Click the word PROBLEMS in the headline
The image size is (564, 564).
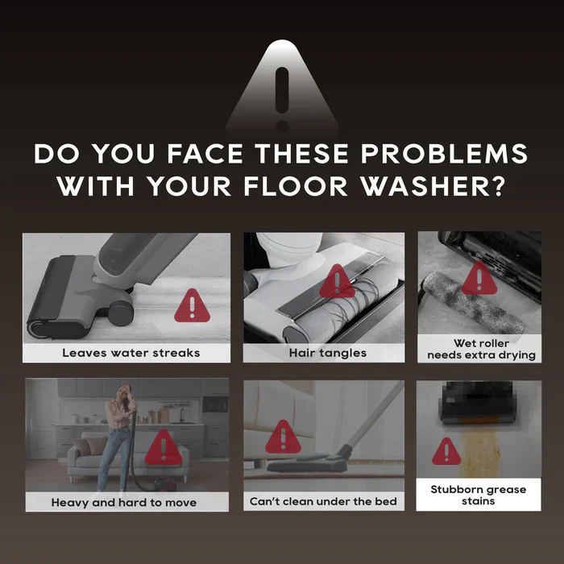(x=444, y=154)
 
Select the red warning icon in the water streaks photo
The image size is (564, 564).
(x=192, y=305)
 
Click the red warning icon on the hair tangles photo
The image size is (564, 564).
(x=337, y=281)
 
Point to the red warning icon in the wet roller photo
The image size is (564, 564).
(x=479, y=278)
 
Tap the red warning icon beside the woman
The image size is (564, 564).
(x=164, y=447)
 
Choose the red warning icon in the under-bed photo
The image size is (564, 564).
(x=283, y=437)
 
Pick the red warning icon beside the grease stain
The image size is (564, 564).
(x=446, y=451)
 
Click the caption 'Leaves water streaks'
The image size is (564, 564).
(x=131, y=353)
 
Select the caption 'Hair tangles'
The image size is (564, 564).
(x=328, y=353)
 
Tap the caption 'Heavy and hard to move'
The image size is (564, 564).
(x=124, y=502)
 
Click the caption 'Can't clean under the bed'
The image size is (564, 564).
(x=323, y=501)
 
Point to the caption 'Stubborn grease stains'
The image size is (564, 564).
(x=479, y=495)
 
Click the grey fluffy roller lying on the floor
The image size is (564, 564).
(x=474, y=302)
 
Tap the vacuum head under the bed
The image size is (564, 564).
(x=307, y=464)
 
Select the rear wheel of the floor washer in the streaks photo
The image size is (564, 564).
(x=121, y=313)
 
